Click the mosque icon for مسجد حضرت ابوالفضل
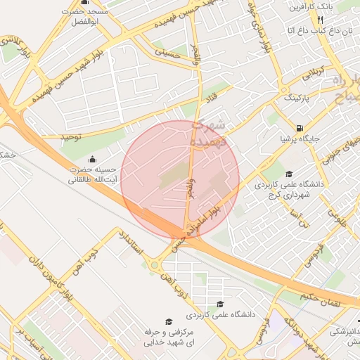(85, 2)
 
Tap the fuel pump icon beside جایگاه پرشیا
(301, 128)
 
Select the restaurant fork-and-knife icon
(321, 20)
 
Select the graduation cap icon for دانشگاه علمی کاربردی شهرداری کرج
(289, 174)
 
